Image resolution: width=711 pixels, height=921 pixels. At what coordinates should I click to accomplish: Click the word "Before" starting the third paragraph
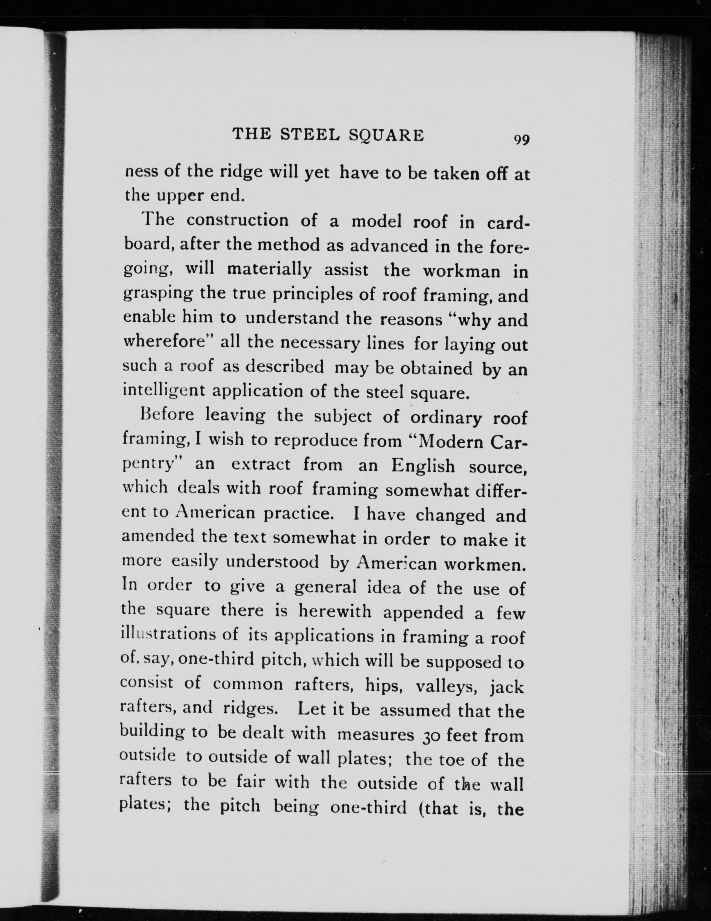167,415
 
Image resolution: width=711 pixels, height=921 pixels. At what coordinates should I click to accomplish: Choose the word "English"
423,466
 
